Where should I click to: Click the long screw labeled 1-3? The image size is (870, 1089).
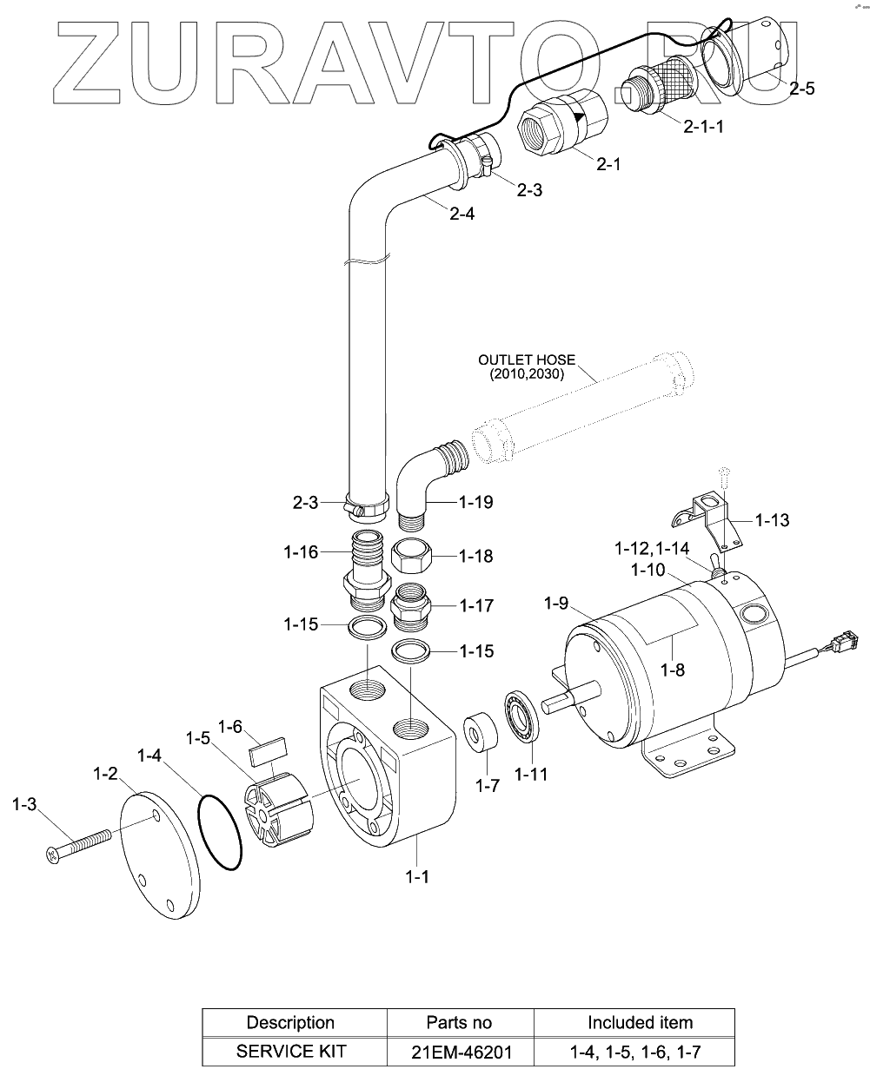(x=78, y=843)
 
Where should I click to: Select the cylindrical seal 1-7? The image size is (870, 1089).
(x=481, y=730)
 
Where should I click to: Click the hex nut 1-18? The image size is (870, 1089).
(x=411, y=555)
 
